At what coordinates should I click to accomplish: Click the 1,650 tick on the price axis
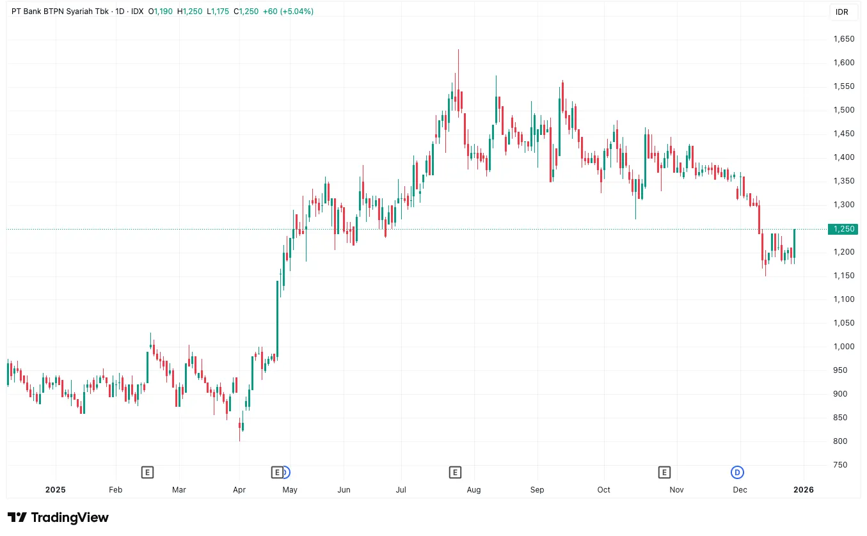coord(844,39)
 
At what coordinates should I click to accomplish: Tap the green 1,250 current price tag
coord(844,229)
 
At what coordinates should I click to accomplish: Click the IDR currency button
coord(841,12)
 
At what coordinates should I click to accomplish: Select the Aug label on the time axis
coord(473,490)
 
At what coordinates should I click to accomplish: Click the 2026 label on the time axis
coord(803,490)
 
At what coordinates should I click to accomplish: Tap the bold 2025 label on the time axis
coord(56,490)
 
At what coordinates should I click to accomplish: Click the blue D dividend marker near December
coord(737,473)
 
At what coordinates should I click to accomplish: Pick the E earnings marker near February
coord(147,473)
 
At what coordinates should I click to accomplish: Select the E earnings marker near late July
coord(455,473)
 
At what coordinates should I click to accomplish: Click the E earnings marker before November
coord(664,473)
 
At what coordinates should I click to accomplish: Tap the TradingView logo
coord(58,517)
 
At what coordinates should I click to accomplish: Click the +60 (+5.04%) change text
coord(288,12)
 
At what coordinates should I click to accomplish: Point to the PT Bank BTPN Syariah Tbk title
coord(60,12)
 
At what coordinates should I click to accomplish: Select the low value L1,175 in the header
coord(219,12)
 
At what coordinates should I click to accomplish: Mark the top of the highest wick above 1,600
coord(458,50)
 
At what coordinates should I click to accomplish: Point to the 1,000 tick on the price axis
coord(844,347)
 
